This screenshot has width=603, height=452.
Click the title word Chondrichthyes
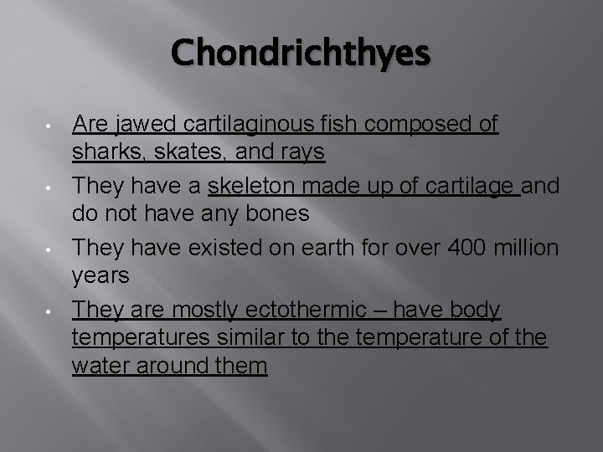point(301,54)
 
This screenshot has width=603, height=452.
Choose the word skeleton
point(250,186)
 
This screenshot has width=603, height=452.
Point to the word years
point(99,276)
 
